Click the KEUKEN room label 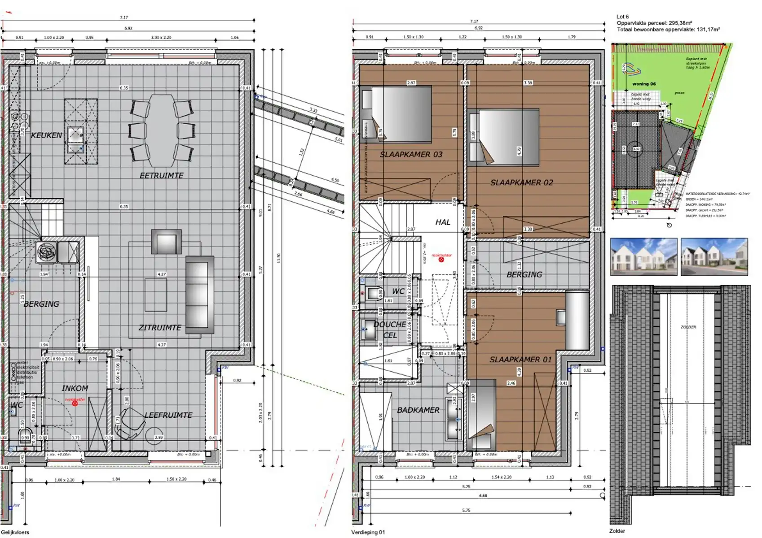(x=46, y=135)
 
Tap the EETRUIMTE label (x=161, y=176)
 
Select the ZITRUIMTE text (x=160, y=328)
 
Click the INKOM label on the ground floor (x=75, y=388)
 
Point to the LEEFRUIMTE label (x=168, y=415)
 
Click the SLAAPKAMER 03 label (x=411, y=155)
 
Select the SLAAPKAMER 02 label (x=521, y=182)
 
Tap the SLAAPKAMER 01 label (x=520, y=360)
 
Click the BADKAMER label (x=418, y=410)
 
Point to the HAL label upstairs (x=443, y=222)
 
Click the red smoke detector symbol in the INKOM (x=75, y=403)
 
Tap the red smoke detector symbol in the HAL (x=441, y=259)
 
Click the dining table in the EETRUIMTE (x=163, y=130)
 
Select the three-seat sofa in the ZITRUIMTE (x=199, y=295)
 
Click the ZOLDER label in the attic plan (x=688, y=327)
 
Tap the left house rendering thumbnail (x=643, y=256)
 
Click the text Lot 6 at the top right (x=623, y=17)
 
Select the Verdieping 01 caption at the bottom (x=368, y=532)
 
